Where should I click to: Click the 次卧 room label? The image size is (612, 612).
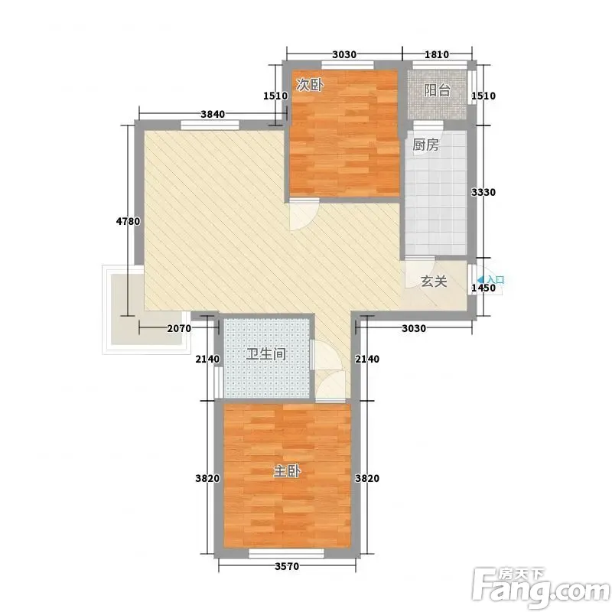click(x=310, y=84)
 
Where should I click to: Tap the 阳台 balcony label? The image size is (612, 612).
click(x=437, y=90)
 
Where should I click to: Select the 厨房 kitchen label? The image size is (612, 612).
click(x=425, y=145)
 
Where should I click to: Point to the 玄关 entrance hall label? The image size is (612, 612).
click(x=434, y=281)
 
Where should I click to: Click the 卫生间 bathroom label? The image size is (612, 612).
click(x=266, y=354)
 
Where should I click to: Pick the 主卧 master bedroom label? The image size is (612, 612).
click(x=287, y=471)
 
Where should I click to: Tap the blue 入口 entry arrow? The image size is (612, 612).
click(x=480, y=279)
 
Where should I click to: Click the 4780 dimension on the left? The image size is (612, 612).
click(x=128, y=221)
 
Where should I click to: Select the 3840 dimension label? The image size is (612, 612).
click(x=213, y=114)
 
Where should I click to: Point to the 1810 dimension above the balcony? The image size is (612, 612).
click(x=437, y=54)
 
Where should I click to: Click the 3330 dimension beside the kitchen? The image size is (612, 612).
click(x=483, y=192)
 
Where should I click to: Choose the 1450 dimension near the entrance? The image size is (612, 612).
click(x=483, y=288)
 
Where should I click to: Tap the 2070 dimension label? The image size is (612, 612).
click(x=179, y=328)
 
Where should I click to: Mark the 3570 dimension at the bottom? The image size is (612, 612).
click(x=287, y=566)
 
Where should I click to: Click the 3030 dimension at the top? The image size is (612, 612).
click(x=344, y=54)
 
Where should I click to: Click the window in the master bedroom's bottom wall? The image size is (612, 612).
click(x=286, y=553)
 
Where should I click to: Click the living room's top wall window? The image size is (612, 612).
click(x=210, y=125)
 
